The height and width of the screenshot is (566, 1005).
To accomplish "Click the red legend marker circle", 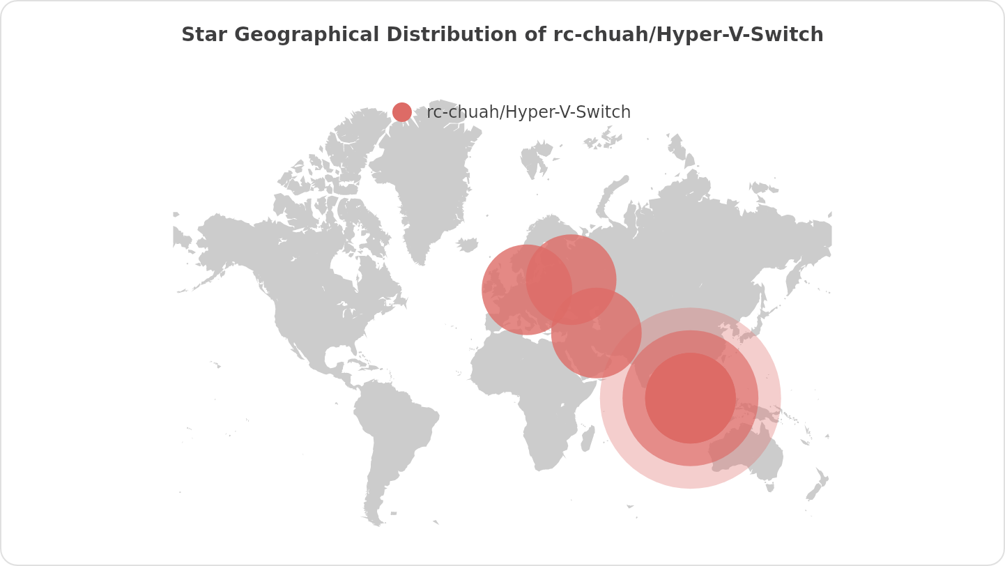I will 402,112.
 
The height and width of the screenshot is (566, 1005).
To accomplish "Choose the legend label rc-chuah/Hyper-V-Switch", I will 528,112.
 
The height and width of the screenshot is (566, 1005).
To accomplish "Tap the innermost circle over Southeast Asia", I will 690,398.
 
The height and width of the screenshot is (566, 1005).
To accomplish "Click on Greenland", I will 429,181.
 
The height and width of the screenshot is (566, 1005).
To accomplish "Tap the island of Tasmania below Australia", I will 770,487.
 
